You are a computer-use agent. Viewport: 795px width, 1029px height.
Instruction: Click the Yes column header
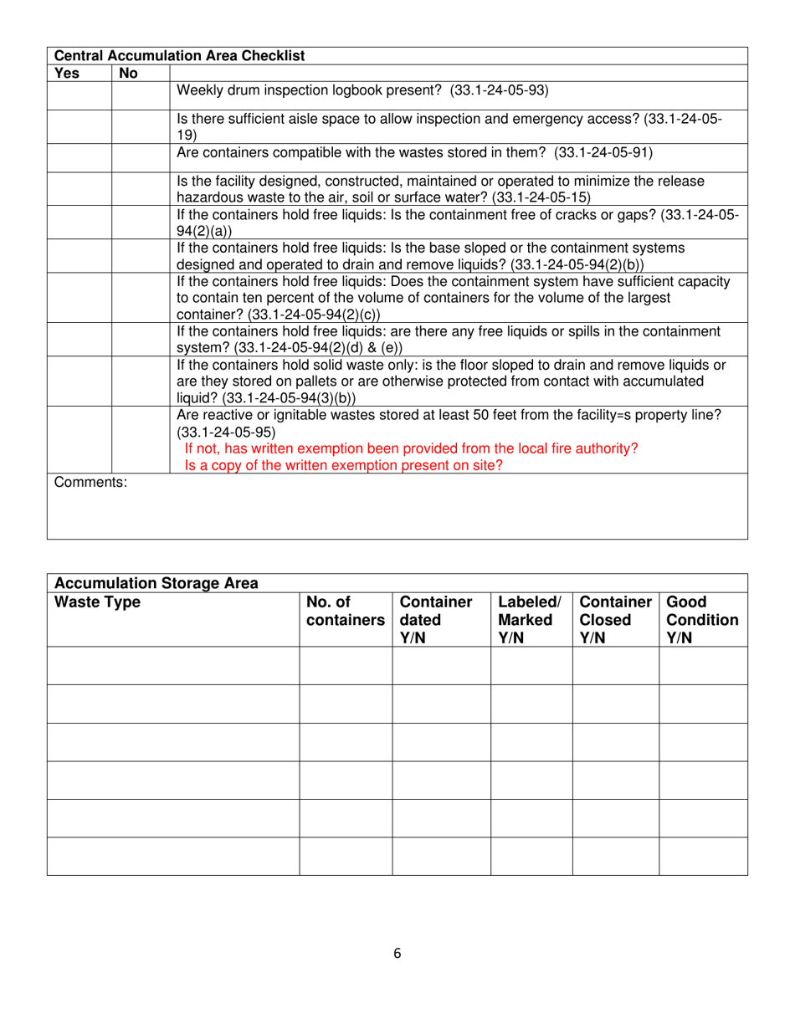(x=66, y=73)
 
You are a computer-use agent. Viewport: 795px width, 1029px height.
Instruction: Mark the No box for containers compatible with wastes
(x=141, y=155)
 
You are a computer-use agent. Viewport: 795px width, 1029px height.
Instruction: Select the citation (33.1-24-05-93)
(x=499, y=90)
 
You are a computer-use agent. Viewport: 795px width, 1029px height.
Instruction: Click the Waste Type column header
(x=97, y=602)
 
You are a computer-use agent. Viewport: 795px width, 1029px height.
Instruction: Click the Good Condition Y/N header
(x=702, y=620)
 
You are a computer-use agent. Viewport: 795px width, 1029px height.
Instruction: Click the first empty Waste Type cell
(x=173, y=666)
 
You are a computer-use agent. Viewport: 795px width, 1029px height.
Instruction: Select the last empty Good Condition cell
(x=703, y=857)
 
